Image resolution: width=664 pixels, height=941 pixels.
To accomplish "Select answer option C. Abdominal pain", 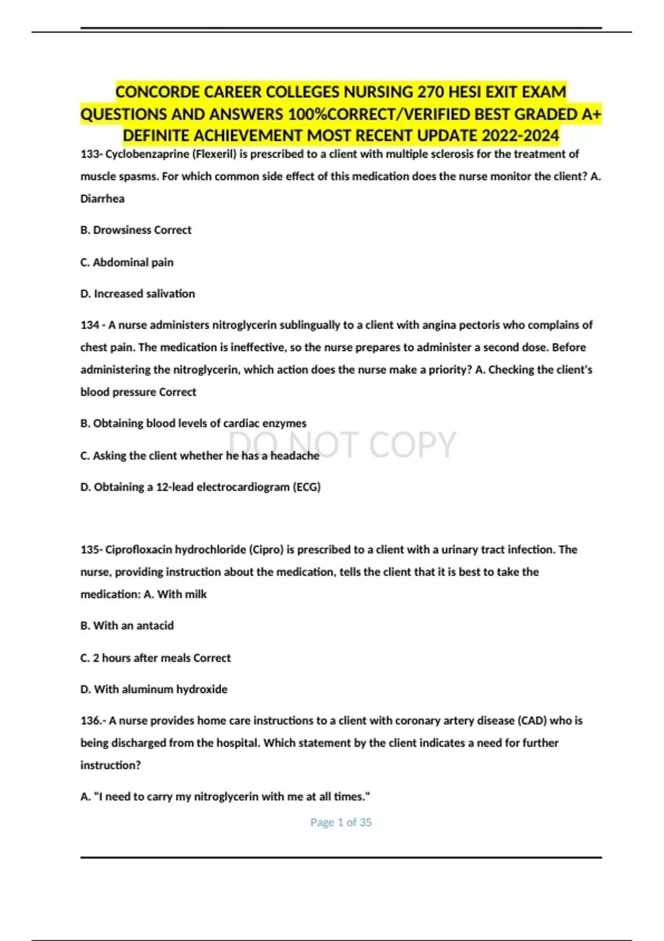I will pos(127,262).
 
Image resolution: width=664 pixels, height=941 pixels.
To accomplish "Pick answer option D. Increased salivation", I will pos(138,294).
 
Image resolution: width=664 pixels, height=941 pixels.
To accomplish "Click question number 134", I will pos(90,325).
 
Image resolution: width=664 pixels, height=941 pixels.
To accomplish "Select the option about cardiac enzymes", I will pos(193,423).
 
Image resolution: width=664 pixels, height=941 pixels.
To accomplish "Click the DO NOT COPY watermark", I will pos(343,444).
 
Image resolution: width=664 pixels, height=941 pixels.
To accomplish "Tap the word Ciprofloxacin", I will pos(139,550).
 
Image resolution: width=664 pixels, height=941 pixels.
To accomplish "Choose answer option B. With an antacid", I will pos(127,625).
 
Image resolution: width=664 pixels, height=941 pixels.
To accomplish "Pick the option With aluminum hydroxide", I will pos(154,690).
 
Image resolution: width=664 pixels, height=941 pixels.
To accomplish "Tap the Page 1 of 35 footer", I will pos(341,823).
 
